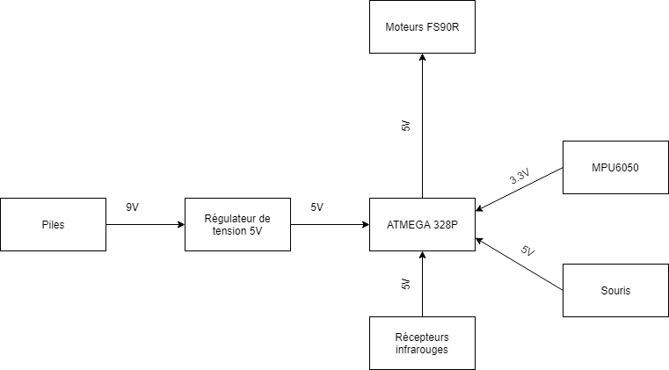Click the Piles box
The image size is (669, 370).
[x=53, y=224]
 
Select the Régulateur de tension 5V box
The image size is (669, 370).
[x=237, y=224]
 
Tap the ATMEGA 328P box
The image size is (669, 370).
[x=422, y=224]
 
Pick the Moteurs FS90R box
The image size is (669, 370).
[x=422, y=26]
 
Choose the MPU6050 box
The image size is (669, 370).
[x=615, y=166]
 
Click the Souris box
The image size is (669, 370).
[x=615, y=290]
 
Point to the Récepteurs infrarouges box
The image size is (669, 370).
[x=422, y=343]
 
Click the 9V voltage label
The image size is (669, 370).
[x=133, y=207]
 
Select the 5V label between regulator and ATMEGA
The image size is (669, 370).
[x=316, y=207]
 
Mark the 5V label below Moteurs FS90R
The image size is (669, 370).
[x=405, y=126]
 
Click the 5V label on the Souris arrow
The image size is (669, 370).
[x=527, y=251]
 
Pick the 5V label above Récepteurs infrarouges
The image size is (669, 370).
[x=405, y=284]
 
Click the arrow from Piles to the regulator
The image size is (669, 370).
[x=145, y=224]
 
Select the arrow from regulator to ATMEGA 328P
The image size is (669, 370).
[x=330, y=224]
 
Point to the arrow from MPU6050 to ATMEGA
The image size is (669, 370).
[x=519, y=189]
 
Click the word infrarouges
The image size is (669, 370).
[x=422, y=349]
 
